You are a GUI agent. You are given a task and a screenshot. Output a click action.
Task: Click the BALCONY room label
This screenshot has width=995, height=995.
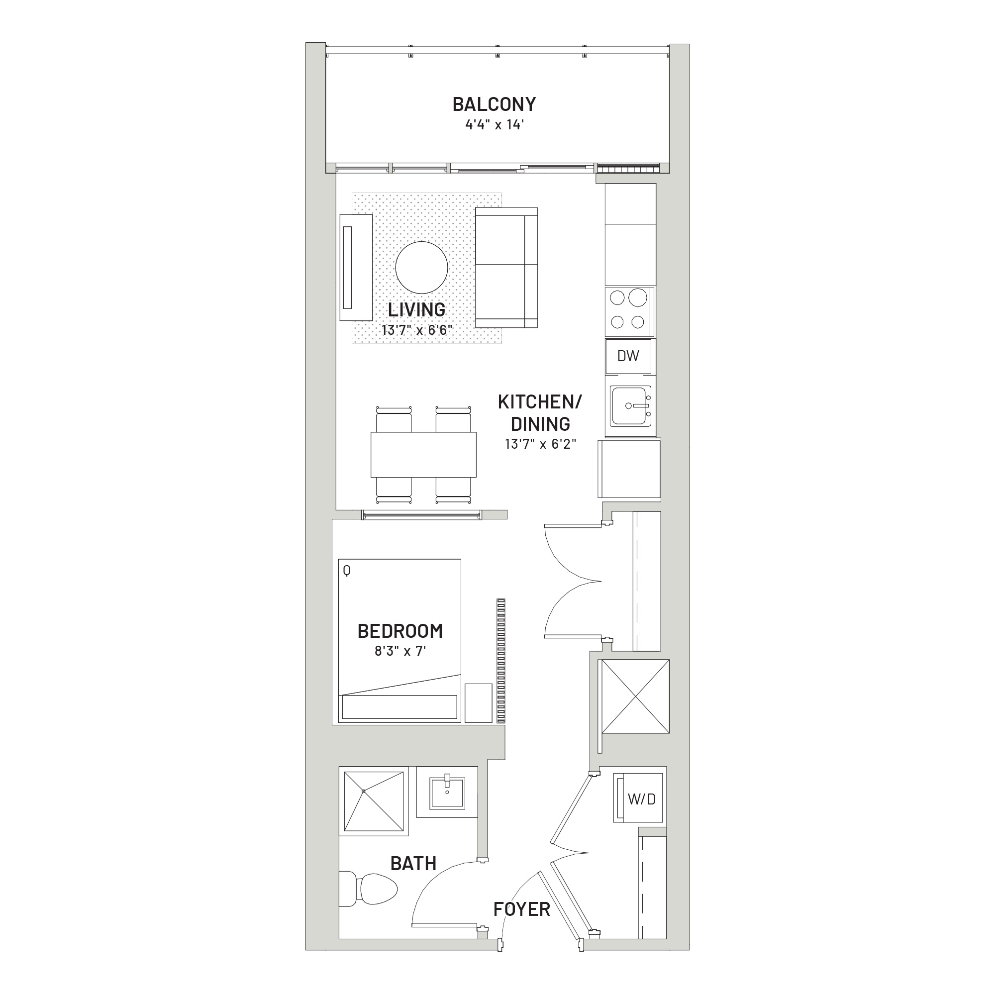tap(494, 104)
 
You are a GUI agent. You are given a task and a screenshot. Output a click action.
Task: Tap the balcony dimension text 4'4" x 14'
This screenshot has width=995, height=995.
tap(495, 125)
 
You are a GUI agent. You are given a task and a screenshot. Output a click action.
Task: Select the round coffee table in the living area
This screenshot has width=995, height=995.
tap(421, 267)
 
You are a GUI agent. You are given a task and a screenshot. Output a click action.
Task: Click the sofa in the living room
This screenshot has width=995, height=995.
tap(506, 267)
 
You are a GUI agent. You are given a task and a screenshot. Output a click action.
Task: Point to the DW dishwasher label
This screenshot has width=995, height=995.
tap(628, 356)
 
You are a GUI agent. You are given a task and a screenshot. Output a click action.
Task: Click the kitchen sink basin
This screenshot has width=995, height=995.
tap(631, 406)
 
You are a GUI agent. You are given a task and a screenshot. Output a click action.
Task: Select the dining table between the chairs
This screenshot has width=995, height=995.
tap(423, 455)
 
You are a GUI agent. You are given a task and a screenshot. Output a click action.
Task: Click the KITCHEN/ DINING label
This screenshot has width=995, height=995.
tap(540, 412)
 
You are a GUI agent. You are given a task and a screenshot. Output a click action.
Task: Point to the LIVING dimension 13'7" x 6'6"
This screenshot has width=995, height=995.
tap(416, 330)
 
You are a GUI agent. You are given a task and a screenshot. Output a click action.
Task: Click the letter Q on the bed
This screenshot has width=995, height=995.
tap(347, 571)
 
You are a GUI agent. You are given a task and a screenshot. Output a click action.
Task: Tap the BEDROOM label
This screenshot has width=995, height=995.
tap(400, 631)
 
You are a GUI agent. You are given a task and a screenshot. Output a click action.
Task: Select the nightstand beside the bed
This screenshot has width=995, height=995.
tap(479, 703)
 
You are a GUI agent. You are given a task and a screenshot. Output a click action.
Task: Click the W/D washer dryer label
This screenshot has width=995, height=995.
tap(642, 799)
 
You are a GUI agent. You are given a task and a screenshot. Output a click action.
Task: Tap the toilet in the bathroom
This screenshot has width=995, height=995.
tap(369, 889)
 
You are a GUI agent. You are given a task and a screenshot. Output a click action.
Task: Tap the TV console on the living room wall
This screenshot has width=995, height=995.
tap(356, 268)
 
